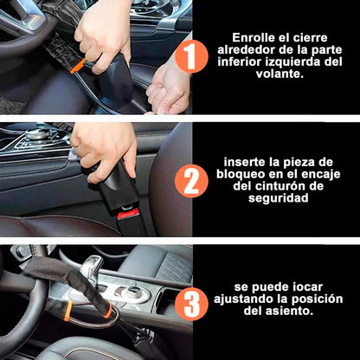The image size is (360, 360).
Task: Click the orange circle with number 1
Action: point(191,58)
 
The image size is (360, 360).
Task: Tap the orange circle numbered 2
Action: point(191,181)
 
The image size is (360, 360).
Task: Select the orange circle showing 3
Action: point(191,304)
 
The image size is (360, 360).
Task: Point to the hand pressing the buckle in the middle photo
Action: point(100,147)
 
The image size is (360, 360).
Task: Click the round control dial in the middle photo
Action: point(38,135)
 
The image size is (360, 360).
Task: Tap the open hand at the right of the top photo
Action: point(170,87)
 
